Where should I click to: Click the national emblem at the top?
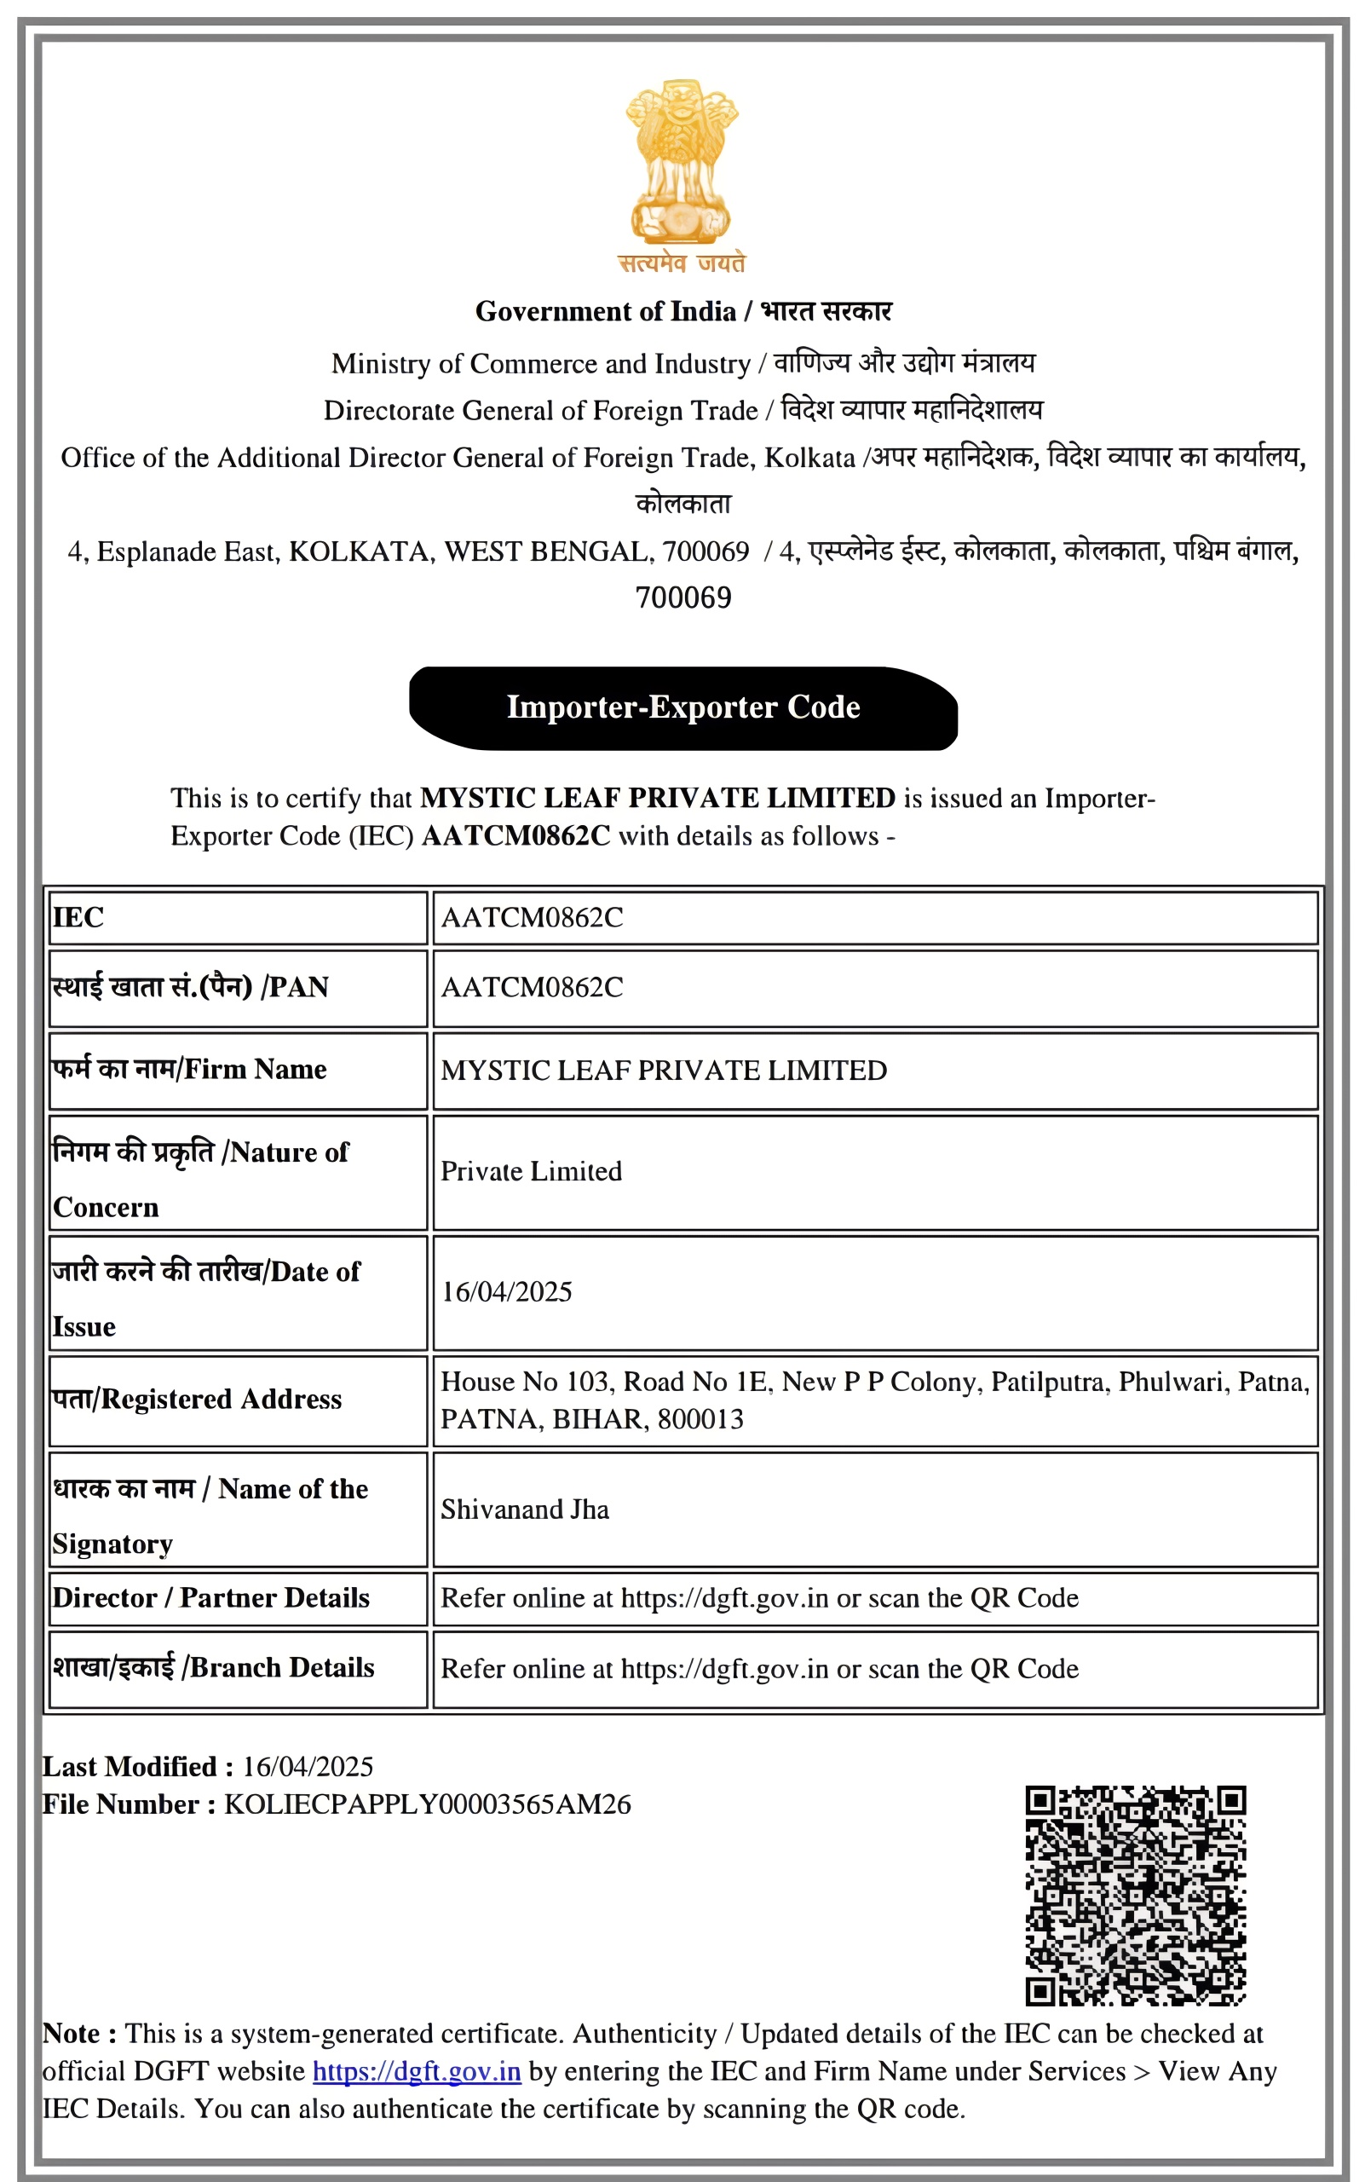click(x=682, y=163)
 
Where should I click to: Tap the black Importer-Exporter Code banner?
click(x=683, y=707)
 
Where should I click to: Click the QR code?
click(x=1135, y=1894)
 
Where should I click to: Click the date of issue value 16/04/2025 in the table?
click(x=506, y=1291)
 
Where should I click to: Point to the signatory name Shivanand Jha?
click(x=525, y=1510)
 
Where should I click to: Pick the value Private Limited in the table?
click(x=531, y=1171)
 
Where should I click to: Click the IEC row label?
click(x=78, y=918)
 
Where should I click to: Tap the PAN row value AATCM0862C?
click(x=532, y=987)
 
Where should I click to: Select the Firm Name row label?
click(x=189, y=1070)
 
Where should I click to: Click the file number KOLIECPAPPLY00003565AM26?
click(x=427, y=1804)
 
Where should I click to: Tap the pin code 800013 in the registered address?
click(x=700, y=1419)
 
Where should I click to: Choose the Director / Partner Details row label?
click(x=211, y=1597)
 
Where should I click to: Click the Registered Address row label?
click(x=198, y=1399)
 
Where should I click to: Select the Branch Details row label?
click(x=214, y=1667)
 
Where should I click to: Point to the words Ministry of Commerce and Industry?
click(x=541, y=363)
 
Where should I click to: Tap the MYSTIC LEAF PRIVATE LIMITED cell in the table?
click(x=664, y=1071)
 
